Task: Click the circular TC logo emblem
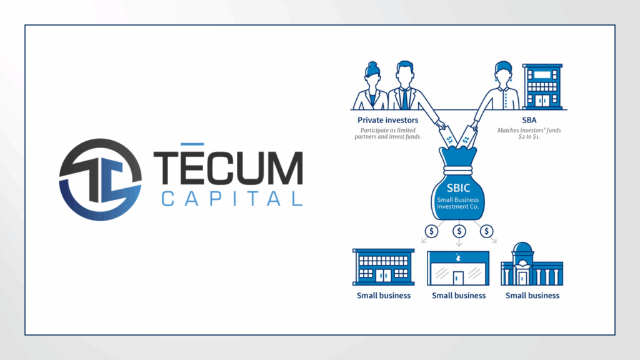coord(101,179)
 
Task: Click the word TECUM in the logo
coord(228,167)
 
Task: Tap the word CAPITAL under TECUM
coord(232,199)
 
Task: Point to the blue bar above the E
coord(192,144)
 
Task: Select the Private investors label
coord(387,120)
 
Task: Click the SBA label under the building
coord(529,120)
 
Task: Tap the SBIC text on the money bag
coord(458,187)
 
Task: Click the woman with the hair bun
coord(371,86)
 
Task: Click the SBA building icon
coord(542,86)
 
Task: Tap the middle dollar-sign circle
coord(459,231)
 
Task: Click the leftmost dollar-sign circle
coord(431,231)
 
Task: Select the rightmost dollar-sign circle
coord(486,231)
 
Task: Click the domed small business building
coord(532,264)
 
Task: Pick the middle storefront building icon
coord(458,268)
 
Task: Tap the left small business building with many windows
coord(384,267)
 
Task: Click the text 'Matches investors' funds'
coord(529,130)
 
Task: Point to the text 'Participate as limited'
coord(387,130)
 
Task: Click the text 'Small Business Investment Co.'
coord(458,203)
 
